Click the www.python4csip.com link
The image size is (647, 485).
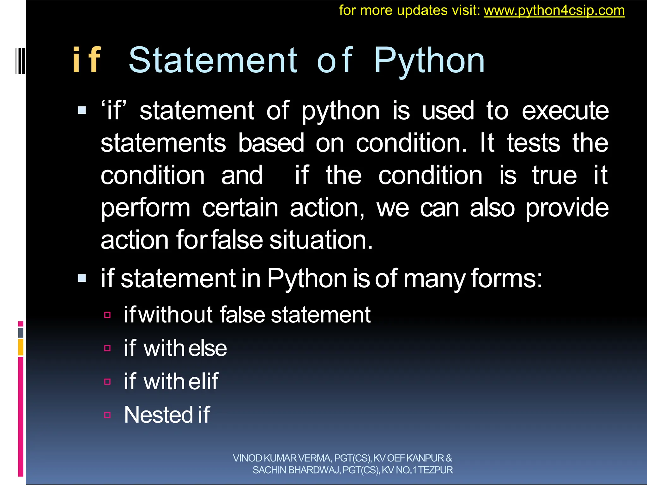tap(554, 11)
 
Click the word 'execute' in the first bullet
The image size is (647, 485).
tap(565, 111)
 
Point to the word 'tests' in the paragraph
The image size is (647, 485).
tap(533, 143)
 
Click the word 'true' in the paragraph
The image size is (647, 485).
tap(554, 175)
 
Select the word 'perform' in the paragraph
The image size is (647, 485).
tap(145, 208)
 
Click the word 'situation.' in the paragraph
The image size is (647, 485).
tap(321, 240)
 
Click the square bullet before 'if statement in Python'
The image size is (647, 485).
tap(82, 278)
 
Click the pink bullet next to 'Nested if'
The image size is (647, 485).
tap(107, 415)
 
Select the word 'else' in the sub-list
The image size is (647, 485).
tap(208, 349)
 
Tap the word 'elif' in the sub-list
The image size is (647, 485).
tap(203, 381)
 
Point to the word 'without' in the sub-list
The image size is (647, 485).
tap(175, 315)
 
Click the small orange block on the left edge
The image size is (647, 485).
tap(21, 347)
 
